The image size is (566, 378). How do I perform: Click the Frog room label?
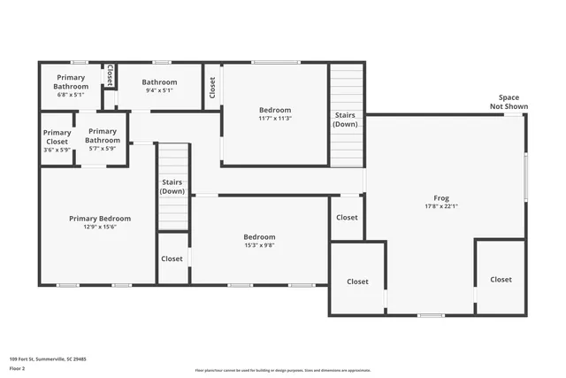tap(440, 197)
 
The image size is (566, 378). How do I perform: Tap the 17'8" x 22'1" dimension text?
tap(440, 206)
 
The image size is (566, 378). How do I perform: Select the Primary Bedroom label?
tap(100, 219)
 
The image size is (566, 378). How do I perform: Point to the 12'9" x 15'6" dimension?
tap(100, 227)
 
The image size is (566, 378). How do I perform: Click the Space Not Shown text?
tap(509, 102)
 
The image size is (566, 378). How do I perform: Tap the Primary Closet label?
tap(57, 137)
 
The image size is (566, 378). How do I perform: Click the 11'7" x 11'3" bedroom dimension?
tap(275, 118)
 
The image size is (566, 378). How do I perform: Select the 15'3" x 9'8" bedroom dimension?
tap(259, 245)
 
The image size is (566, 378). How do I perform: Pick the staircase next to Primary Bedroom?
tap(172, 186)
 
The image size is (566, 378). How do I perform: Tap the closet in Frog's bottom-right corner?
tap(501, 280)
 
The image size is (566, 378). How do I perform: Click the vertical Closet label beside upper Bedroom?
tap(212, 87)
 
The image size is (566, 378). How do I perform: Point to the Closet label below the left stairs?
tap(172, 259)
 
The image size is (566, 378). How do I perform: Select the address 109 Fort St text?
tap(48, 359)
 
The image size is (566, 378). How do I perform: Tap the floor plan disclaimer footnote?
tap(282, 370)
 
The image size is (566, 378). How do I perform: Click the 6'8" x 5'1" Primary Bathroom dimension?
tap(71, 95)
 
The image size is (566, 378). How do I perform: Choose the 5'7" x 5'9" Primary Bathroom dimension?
tap(103, 148)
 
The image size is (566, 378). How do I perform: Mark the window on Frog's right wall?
tap(525, 176)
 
